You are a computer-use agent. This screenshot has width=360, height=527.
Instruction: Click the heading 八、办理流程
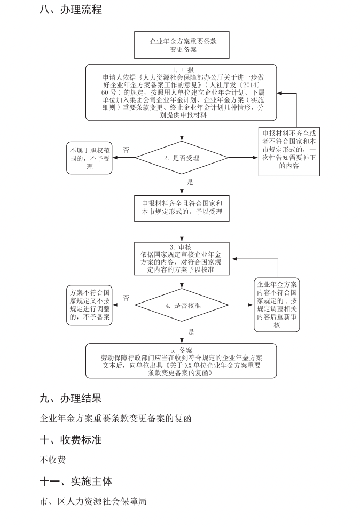pyautogui.click(x=71, y=10)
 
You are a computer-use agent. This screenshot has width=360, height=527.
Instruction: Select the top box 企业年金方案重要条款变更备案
pyautogui.click(x=183, y=45)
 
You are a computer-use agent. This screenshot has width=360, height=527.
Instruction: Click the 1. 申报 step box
pyautogui.click(x=182, y=92)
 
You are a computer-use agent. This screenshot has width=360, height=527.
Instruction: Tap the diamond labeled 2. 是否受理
pyautogui.click(x=182, y=158)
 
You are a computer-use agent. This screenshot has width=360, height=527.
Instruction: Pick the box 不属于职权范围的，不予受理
pyautogui.click(x=90, y=159)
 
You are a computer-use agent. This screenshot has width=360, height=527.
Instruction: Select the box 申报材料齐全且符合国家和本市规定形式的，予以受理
pyautogui.click(x=182, y=208)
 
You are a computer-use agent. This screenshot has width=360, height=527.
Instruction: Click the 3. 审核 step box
pyautogui.click(x=182, y=259)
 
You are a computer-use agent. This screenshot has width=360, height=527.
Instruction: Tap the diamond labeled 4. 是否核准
pyautogui.click(x=183, y=305)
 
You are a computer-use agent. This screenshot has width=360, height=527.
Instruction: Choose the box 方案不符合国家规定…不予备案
pyautogui.click(x=90, y=305)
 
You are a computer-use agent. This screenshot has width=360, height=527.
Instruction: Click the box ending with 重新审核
pyautogui.click(x=277, y=305)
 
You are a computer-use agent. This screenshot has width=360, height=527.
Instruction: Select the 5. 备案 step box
pyautogui.click(x=182, y=361)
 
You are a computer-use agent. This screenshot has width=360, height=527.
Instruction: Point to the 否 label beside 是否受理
pyautogui.click(x=126, y=150)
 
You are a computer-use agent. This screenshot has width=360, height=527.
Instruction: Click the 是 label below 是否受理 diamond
pyautogui.click(x=190, y=182)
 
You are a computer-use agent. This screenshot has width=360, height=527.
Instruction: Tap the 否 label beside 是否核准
pyautogui.click(x=126, y=298)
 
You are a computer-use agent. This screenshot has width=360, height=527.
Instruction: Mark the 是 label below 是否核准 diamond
pyautogui.click(x=191, y=332)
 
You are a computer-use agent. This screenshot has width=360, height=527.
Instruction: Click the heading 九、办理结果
pyautogui.click(x=71, y=398)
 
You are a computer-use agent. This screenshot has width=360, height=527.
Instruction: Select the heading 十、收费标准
pyautogui.click(x=71, y=440)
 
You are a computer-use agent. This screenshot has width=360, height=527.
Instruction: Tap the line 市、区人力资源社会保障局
pyautogui.click(x=93, y=501)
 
